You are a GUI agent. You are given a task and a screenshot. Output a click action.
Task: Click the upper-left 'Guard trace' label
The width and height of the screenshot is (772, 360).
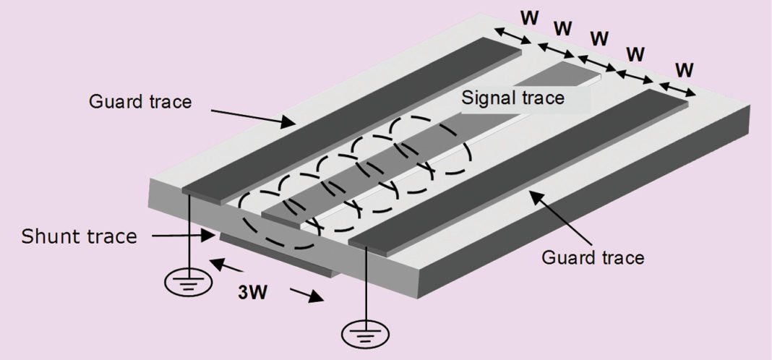pyautogui.click(x=140, y=101)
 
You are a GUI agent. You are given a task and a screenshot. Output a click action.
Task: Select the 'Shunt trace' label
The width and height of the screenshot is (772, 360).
pyautogui.click(x=79, y=236)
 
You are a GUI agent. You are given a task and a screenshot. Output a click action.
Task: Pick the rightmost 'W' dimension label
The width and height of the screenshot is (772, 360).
pyautogui.click(x=685, y=70)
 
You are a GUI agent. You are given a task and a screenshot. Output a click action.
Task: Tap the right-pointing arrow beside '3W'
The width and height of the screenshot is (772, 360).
pyautogui.click(x=306, y=297)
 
